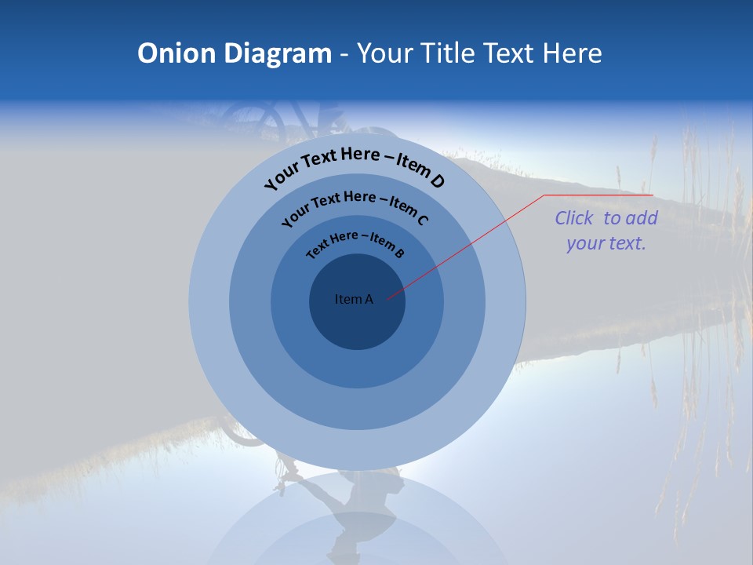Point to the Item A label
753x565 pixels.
coord(354,299)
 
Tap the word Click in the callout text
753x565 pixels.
coord(573,218)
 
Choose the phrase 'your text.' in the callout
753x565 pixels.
coord(606,243)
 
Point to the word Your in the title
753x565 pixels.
coord(386,53)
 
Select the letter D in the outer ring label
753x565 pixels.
coord(437,181)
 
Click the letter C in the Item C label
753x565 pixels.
coord(422,220)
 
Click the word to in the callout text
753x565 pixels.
coord(612,218)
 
